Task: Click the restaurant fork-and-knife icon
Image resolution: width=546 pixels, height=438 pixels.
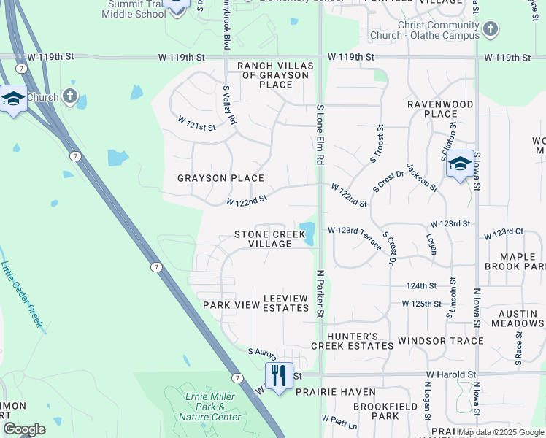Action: (278, 375)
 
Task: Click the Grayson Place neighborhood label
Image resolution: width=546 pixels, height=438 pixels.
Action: (220, 178)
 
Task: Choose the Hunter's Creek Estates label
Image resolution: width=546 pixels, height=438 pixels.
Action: (352, 340)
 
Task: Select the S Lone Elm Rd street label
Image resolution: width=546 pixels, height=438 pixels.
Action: (319, 134)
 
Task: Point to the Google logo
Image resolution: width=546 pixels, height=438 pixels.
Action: (24, 429)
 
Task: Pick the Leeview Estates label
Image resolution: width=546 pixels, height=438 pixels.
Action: (285, 303)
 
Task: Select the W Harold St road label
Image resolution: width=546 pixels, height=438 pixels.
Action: (451, 374)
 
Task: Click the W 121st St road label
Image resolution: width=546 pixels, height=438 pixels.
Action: (197, 123)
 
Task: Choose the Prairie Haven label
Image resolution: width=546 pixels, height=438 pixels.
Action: (326, 392)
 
